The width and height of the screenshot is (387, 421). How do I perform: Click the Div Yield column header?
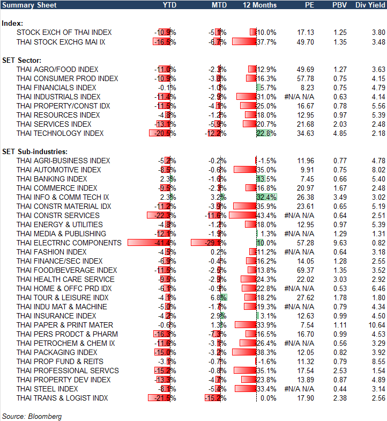point(370,5)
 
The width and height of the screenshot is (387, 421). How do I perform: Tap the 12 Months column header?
point(260,5)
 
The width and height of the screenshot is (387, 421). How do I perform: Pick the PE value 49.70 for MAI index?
point(305,41)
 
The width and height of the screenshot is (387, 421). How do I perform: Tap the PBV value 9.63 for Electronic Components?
point(340,243)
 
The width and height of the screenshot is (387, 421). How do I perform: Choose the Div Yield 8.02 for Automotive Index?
point(377,170)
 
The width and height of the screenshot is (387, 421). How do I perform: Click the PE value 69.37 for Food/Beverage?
point(305,270)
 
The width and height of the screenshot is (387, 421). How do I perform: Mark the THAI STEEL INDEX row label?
point(47,389)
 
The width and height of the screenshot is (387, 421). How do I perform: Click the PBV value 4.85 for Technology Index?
point(340,133)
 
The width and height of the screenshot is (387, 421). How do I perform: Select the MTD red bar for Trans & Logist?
point(212,398)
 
